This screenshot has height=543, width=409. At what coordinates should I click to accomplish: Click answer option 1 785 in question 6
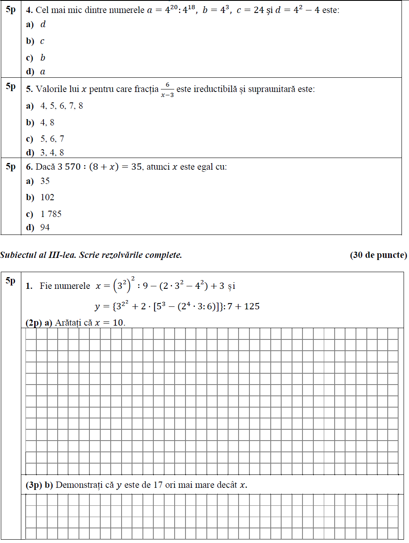tap(51, 214)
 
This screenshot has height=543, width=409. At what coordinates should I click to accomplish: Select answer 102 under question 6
tap(47, 197)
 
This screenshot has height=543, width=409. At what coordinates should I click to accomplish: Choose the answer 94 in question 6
tap(45, 227)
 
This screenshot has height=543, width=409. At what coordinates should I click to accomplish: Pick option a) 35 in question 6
tap(45, 181)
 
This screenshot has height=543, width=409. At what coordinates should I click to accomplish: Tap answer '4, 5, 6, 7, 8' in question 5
tap(61, 106)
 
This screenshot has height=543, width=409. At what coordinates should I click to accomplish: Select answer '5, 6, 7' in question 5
tap(52, 139)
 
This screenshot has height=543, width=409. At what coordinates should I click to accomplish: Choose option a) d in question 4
tap(43, 24)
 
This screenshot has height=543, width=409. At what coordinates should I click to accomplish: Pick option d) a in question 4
tap(43, 71)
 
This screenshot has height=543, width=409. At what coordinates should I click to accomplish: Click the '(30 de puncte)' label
tap(378, 255)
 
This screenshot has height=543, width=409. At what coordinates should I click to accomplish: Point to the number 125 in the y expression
tap(252, 306)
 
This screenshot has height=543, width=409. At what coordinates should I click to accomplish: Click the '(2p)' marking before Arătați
tap(33, 323)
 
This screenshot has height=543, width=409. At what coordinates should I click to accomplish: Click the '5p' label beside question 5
tap(11, 86)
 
